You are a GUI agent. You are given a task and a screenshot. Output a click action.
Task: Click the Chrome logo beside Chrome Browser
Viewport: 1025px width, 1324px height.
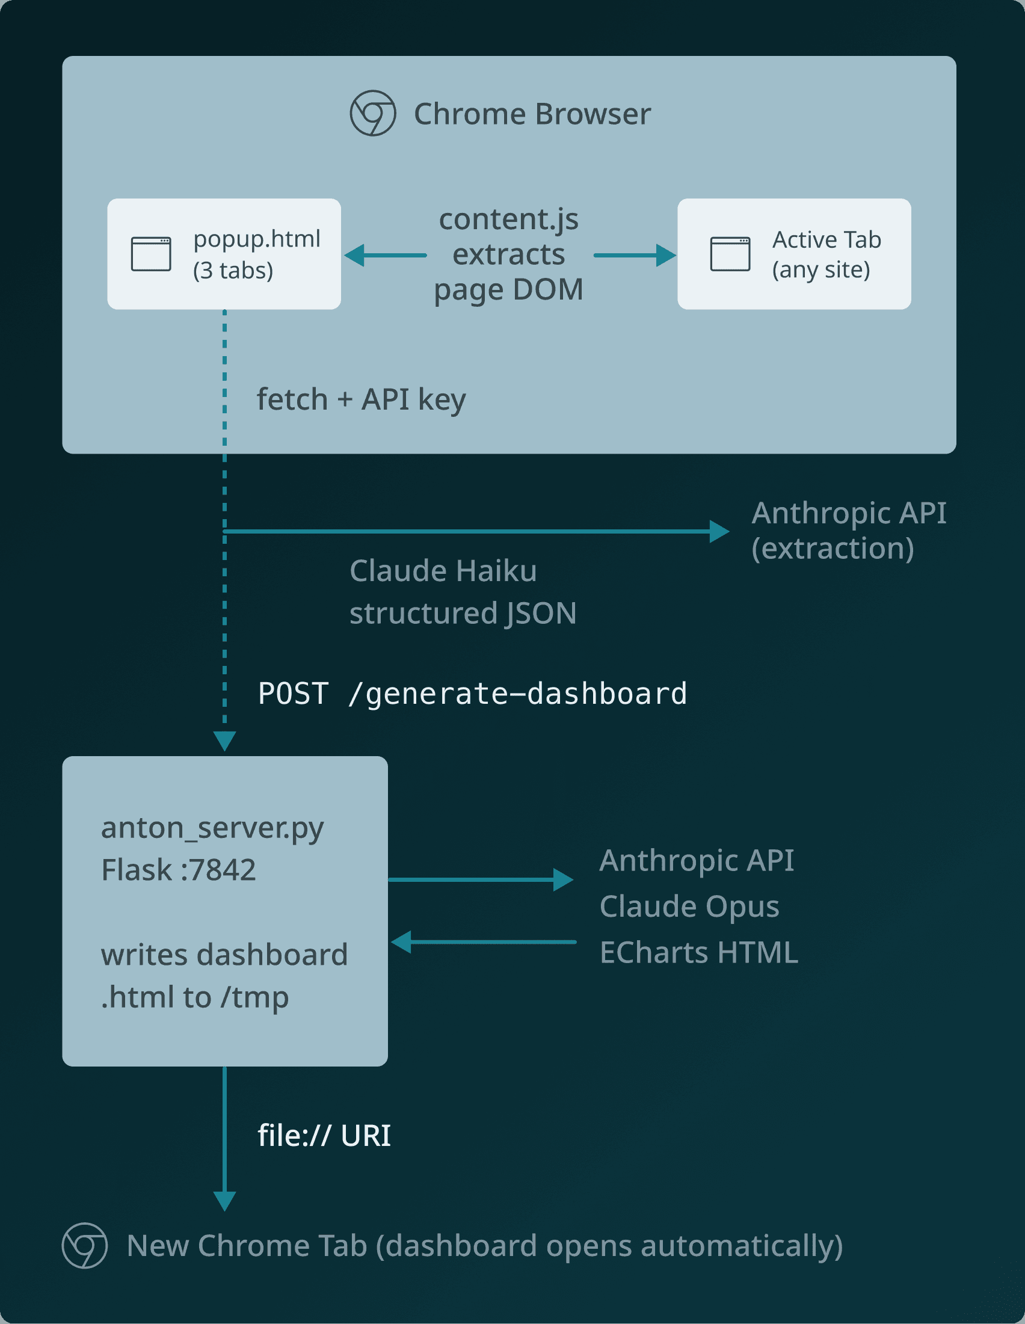[373, 113]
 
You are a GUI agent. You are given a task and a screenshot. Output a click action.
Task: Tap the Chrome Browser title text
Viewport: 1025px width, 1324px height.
[532, 114]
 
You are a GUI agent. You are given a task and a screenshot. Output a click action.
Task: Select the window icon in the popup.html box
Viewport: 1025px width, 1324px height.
[151, 254]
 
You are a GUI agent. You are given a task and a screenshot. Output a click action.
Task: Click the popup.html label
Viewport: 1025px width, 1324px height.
[256, 239]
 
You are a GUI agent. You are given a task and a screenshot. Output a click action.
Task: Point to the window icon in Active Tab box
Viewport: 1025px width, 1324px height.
[730, 254]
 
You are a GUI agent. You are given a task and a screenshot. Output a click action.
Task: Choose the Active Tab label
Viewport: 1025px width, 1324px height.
[826, 240]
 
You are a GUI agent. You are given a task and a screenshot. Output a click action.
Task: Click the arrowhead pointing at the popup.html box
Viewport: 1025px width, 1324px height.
[354, 255]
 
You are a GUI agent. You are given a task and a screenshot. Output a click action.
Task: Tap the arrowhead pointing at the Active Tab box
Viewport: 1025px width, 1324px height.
[665, 255]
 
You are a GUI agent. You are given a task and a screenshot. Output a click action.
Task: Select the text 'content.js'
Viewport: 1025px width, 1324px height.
[508, 219]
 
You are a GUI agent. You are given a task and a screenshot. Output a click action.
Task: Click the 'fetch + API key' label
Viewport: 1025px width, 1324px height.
[362, 399]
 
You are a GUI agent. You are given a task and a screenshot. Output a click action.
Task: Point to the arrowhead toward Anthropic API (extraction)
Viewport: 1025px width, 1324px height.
[719, 531]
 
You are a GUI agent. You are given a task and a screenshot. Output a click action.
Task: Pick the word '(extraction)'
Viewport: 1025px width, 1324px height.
[833, 548]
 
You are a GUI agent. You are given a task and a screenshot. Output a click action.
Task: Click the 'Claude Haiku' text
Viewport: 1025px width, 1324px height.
[443, 570]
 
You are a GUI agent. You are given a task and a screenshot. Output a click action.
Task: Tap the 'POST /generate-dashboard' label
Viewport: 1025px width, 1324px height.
[472, 694]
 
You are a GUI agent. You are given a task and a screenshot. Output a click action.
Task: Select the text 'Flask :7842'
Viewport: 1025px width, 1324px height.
[178, 870]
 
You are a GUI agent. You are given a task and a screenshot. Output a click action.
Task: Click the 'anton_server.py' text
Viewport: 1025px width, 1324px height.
[212, 828]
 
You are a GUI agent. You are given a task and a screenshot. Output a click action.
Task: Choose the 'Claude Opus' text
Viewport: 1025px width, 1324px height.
[689, 907]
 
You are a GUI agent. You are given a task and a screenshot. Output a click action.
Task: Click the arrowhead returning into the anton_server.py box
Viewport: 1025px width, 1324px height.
[401, 942]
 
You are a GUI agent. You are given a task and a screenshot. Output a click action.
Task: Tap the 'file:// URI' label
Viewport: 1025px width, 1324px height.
[324, 1136]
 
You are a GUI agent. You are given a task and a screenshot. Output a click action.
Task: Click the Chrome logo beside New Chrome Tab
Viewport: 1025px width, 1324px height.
[85, 1245]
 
